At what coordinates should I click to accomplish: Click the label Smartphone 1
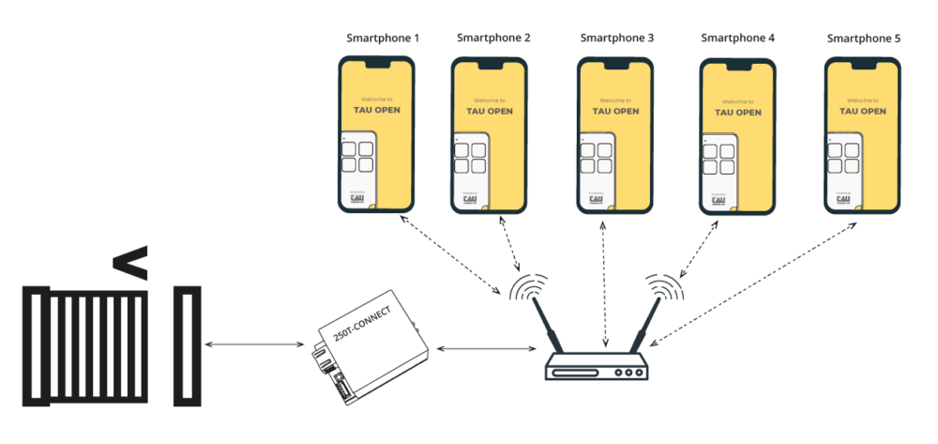pos(383,38)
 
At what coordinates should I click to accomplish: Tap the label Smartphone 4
pos(737,38)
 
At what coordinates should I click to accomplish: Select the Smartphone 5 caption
pos(863,38)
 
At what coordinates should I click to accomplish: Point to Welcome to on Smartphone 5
pos(862,100)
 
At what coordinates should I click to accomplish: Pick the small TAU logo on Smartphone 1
pos(357,198)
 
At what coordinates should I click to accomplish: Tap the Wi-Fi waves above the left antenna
pos(530,287)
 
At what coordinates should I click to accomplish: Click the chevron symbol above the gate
pos(130,266)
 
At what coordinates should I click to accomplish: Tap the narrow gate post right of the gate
pos(188,346)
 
